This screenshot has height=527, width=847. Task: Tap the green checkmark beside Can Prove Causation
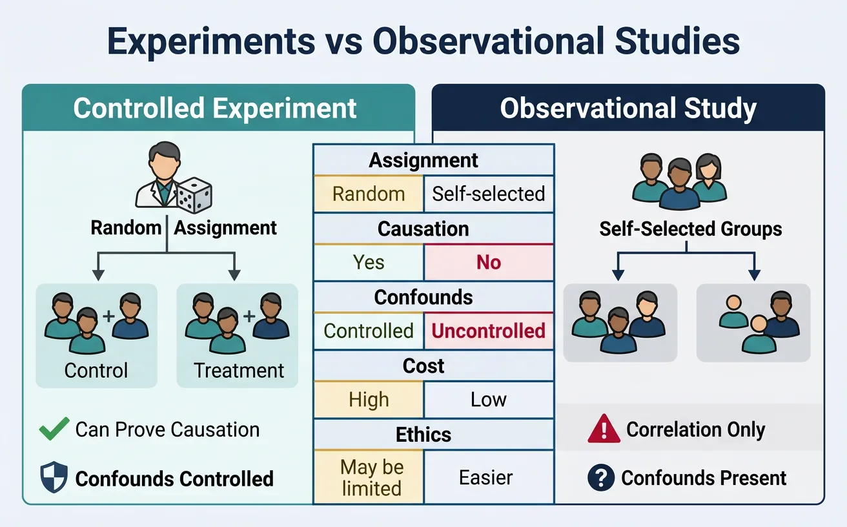(x=54, y=429)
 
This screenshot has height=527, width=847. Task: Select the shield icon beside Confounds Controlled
(x=54, y=479)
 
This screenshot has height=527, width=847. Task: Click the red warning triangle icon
(x=604, y=429)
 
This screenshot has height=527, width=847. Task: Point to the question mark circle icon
(x=600, y=478)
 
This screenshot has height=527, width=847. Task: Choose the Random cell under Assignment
(x=369, y=194)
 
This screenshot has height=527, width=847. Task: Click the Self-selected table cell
(x=489, y=194)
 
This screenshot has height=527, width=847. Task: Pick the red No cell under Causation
(x=489, y=262)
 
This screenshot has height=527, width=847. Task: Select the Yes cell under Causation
(x=369, y=262)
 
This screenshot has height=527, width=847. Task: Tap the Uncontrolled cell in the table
(x=489, y=331)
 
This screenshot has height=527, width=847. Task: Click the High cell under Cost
(x=369, y=400)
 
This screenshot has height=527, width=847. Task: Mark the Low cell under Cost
(x=489, y=400)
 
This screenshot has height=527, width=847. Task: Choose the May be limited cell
(x=369, y=477)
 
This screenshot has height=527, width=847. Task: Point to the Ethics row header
(x=424, y=435)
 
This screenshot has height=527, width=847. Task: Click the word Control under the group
(x=96, y=371)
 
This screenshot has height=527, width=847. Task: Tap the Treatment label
(x=239, y=371)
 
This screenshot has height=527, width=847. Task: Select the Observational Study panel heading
(x=628, y=108)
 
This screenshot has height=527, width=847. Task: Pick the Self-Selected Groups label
(x=690, y=229)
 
